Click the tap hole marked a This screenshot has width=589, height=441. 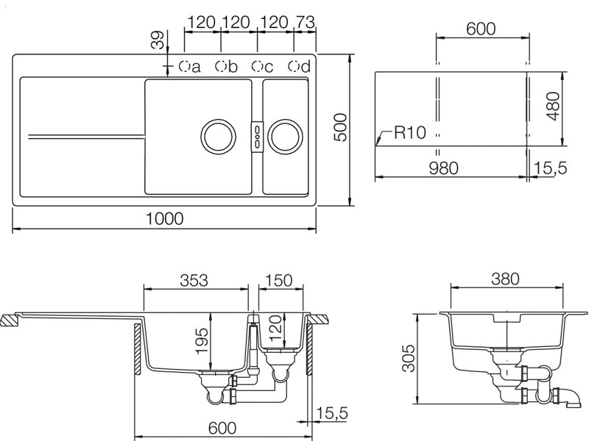[x=184, y=66]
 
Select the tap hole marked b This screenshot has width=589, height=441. [x=220, y=66]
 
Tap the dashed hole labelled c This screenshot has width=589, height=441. [x=257, y=66]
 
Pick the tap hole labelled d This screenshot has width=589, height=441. [x=294, y=66]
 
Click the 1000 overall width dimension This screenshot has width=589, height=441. [x=164, y=218]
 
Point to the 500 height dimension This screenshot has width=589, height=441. [x=340, y=127]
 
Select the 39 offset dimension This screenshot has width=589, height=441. [x=158, y=40]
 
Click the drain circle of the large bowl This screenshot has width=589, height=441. [x=218, y=137]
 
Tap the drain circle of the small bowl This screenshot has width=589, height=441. [x=285, y=137]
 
